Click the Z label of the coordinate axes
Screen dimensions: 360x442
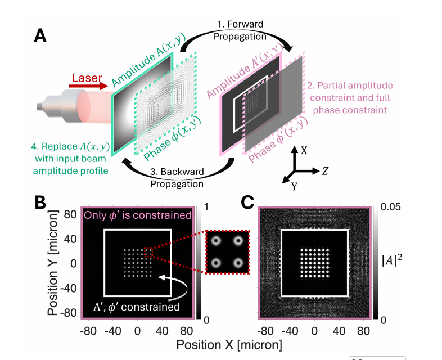coord(324,170)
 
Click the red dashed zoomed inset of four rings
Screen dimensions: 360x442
coord(227,251)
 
